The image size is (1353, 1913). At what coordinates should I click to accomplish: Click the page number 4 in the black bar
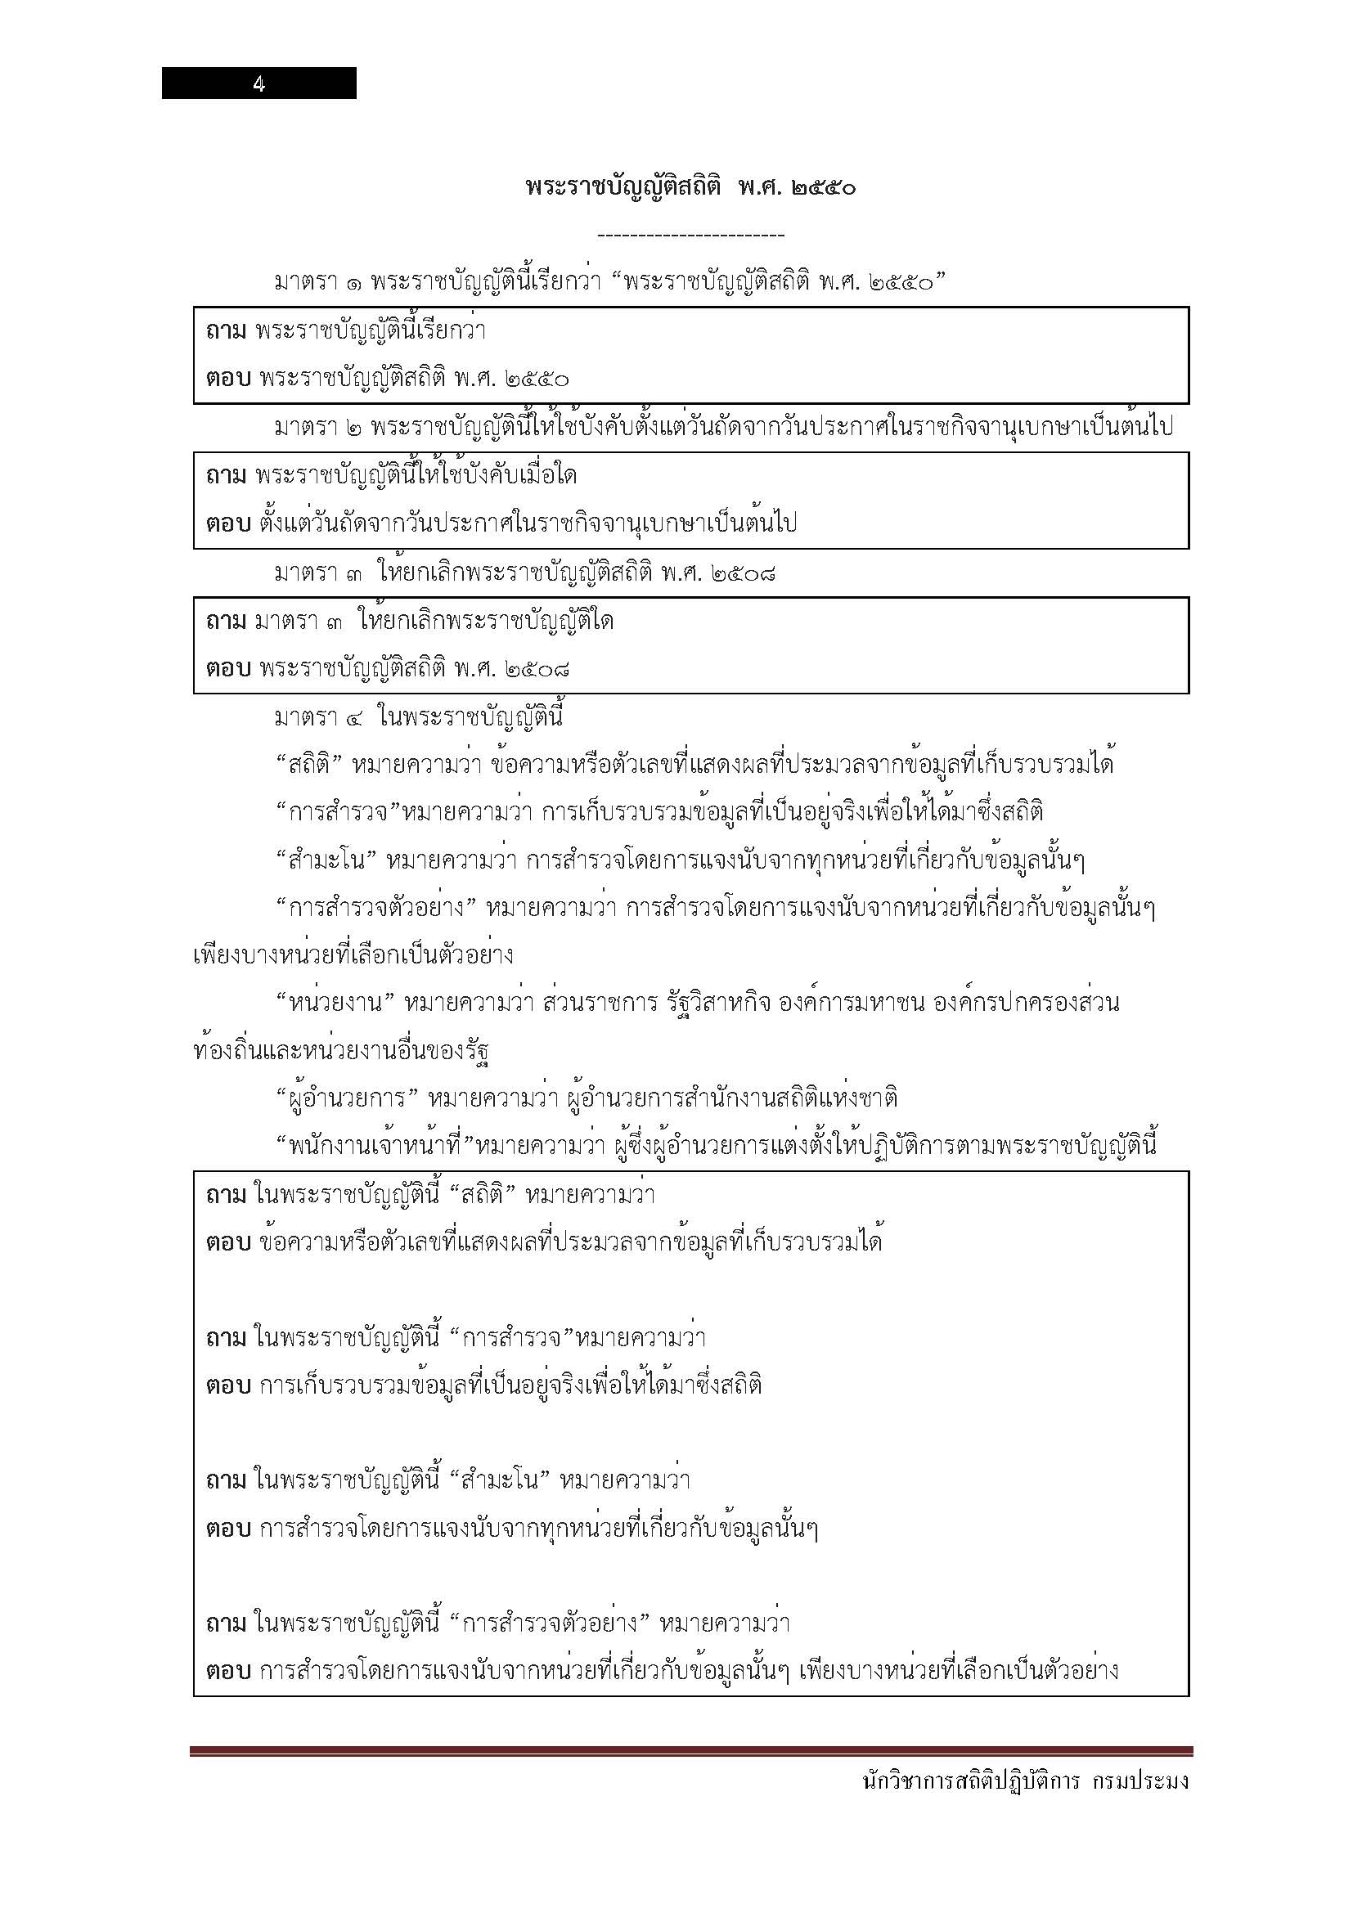[259, 83]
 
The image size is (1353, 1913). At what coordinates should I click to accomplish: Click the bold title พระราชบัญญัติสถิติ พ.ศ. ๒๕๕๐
[690, 186]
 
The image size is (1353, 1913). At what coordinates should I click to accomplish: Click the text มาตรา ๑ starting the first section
[317, 283]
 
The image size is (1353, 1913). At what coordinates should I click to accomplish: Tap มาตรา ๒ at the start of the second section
[317, 429]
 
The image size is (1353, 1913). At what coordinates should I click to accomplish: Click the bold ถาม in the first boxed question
[226, 331]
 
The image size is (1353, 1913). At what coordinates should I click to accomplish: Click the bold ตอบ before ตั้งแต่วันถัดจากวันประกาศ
[227, 524]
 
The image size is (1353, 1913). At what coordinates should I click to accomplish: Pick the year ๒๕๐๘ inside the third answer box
[538, 669]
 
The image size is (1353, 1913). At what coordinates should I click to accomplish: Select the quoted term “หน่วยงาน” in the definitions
[334, 1004]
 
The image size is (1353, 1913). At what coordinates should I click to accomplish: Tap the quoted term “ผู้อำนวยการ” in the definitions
[346, 1098]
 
